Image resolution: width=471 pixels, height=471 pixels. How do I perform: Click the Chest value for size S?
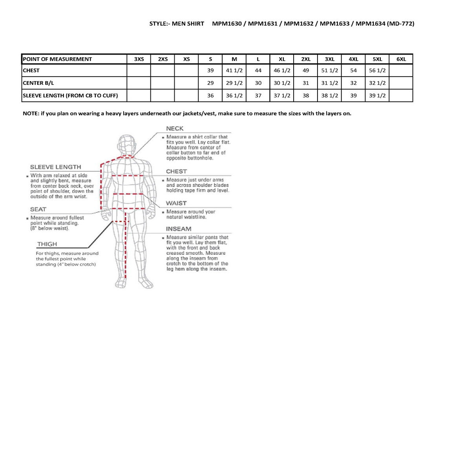point(210,71)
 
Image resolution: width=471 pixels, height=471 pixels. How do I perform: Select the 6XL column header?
point(401,59)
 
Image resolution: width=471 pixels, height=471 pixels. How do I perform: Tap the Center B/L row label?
point(38,83)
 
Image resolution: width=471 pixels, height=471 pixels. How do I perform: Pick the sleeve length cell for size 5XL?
point(377,95)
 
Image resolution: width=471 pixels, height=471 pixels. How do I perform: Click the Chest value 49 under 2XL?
point(306,71)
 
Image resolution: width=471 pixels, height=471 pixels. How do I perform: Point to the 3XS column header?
point(139,59)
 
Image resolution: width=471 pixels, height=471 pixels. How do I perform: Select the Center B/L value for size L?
point(258,83)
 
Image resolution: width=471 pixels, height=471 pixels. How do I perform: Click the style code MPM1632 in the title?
point(299,24)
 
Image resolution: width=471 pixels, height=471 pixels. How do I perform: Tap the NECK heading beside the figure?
point(175,129)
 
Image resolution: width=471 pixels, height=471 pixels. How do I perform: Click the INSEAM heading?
point(179,229)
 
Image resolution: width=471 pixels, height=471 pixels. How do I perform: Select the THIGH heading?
point(47,244)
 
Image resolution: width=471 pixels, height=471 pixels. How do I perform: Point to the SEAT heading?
point(38,210)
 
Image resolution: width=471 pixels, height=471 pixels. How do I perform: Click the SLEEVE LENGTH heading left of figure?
point(55,167)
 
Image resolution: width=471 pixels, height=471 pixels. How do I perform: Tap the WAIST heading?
point(176,203)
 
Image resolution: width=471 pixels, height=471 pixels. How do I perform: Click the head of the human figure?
point(127,144)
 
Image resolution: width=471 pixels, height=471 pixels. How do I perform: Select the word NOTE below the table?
point(30,114)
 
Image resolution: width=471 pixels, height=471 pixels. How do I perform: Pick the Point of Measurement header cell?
point(57,59)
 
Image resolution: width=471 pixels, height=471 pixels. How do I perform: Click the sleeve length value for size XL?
point(282,95)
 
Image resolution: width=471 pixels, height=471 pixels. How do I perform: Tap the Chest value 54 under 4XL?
point(353,71)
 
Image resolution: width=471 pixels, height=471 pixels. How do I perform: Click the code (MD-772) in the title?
point(400,24)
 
